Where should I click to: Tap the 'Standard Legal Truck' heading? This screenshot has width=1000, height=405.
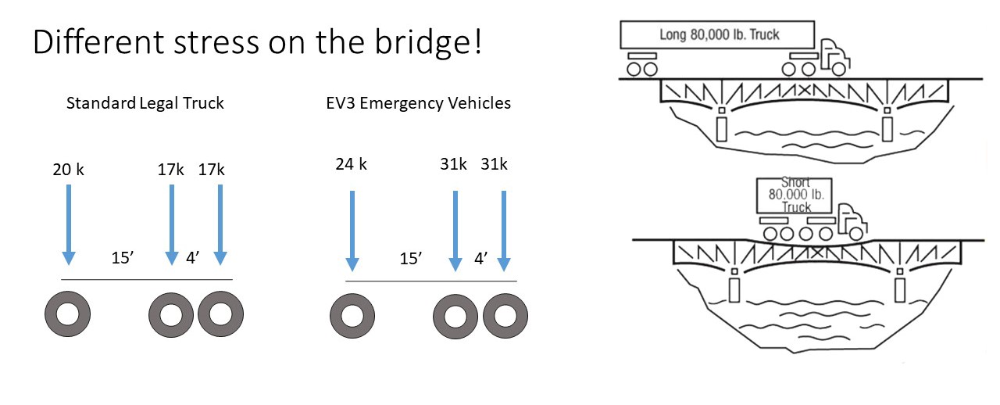145,103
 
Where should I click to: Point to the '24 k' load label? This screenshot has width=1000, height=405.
352,165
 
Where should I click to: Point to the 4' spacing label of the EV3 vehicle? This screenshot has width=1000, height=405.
480,259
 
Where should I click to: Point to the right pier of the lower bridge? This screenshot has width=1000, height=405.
901,289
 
